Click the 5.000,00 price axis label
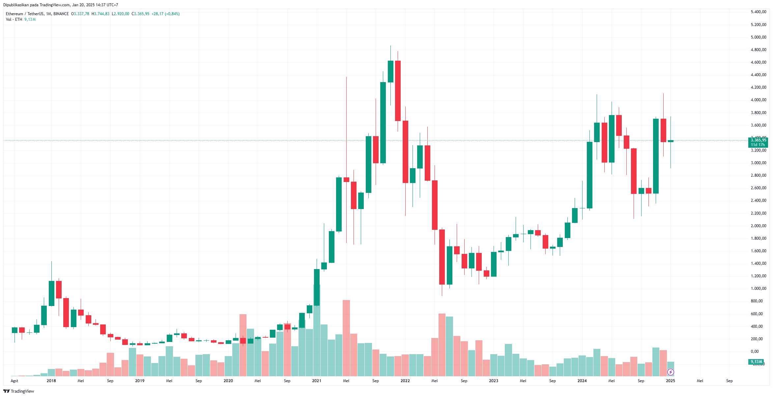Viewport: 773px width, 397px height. pos(758,37)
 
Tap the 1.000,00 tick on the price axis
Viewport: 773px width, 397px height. pos(758,289)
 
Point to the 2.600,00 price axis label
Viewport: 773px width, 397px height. pos(758,188)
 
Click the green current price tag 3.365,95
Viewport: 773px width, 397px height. pos(758,140)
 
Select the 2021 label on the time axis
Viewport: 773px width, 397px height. pos(317,381)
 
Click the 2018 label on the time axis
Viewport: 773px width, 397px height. pos(51,381)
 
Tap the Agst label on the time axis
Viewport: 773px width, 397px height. pos(14,381)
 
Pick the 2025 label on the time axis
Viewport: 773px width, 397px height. pos(671,381)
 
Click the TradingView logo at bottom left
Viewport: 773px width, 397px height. pos(19,391)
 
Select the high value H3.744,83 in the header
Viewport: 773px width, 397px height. pos(100,14)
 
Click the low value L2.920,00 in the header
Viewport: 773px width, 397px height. pos(121,14)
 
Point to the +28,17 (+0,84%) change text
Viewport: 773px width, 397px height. pos(165,14)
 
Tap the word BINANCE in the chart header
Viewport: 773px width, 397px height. pos(61,14)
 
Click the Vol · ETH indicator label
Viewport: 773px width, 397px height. pos(14,19)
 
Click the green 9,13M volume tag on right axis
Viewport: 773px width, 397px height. pos(756,362)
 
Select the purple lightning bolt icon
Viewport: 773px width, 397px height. pos(671,372)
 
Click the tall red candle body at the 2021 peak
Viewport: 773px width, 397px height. pos(398,91)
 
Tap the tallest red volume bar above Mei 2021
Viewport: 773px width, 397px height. pos(346,338)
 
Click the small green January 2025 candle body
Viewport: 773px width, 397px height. pos(671,141)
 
